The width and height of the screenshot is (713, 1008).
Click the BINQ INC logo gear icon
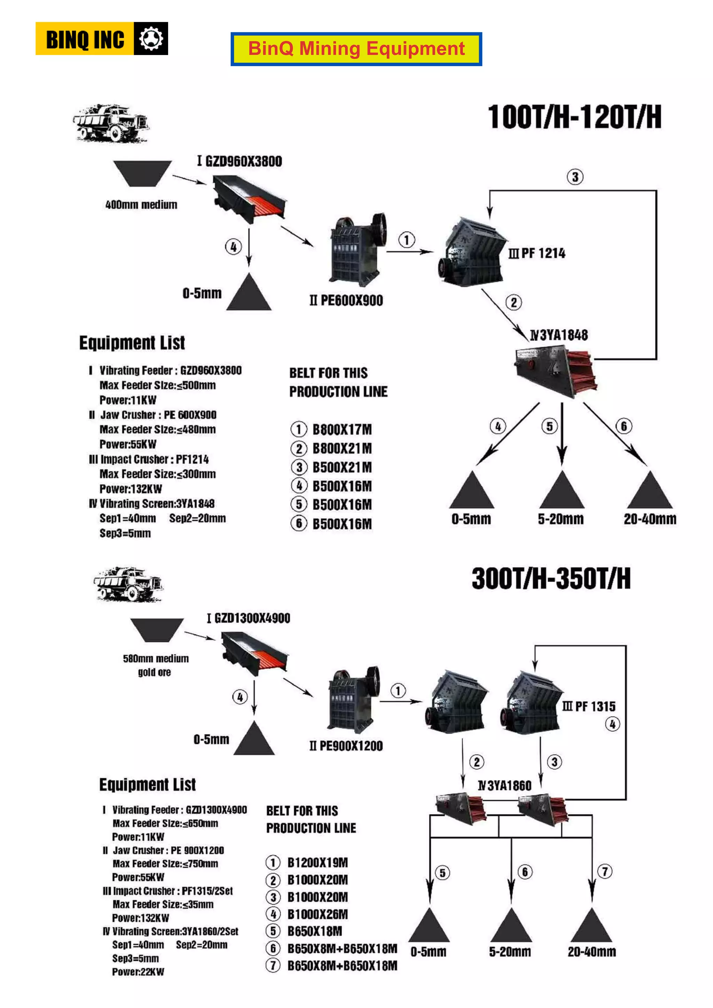[x=151, y=39]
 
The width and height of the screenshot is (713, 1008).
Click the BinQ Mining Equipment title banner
[x=356, y=49]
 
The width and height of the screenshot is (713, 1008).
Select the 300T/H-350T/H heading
[x=551, y=578]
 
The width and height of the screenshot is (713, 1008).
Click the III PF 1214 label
[x=537, y=253]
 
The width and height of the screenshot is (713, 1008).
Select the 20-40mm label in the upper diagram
[x=650, y=519]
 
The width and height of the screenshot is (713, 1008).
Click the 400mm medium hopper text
[x=141, y=205]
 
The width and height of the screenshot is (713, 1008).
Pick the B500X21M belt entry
[x=342, y=467]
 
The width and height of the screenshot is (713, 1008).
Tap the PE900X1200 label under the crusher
[x=346, y=746]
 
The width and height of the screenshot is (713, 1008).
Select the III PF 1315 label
[x=589, y=706]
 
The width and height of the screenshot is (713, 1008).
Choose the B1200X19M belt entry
[x=318, y=863]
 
